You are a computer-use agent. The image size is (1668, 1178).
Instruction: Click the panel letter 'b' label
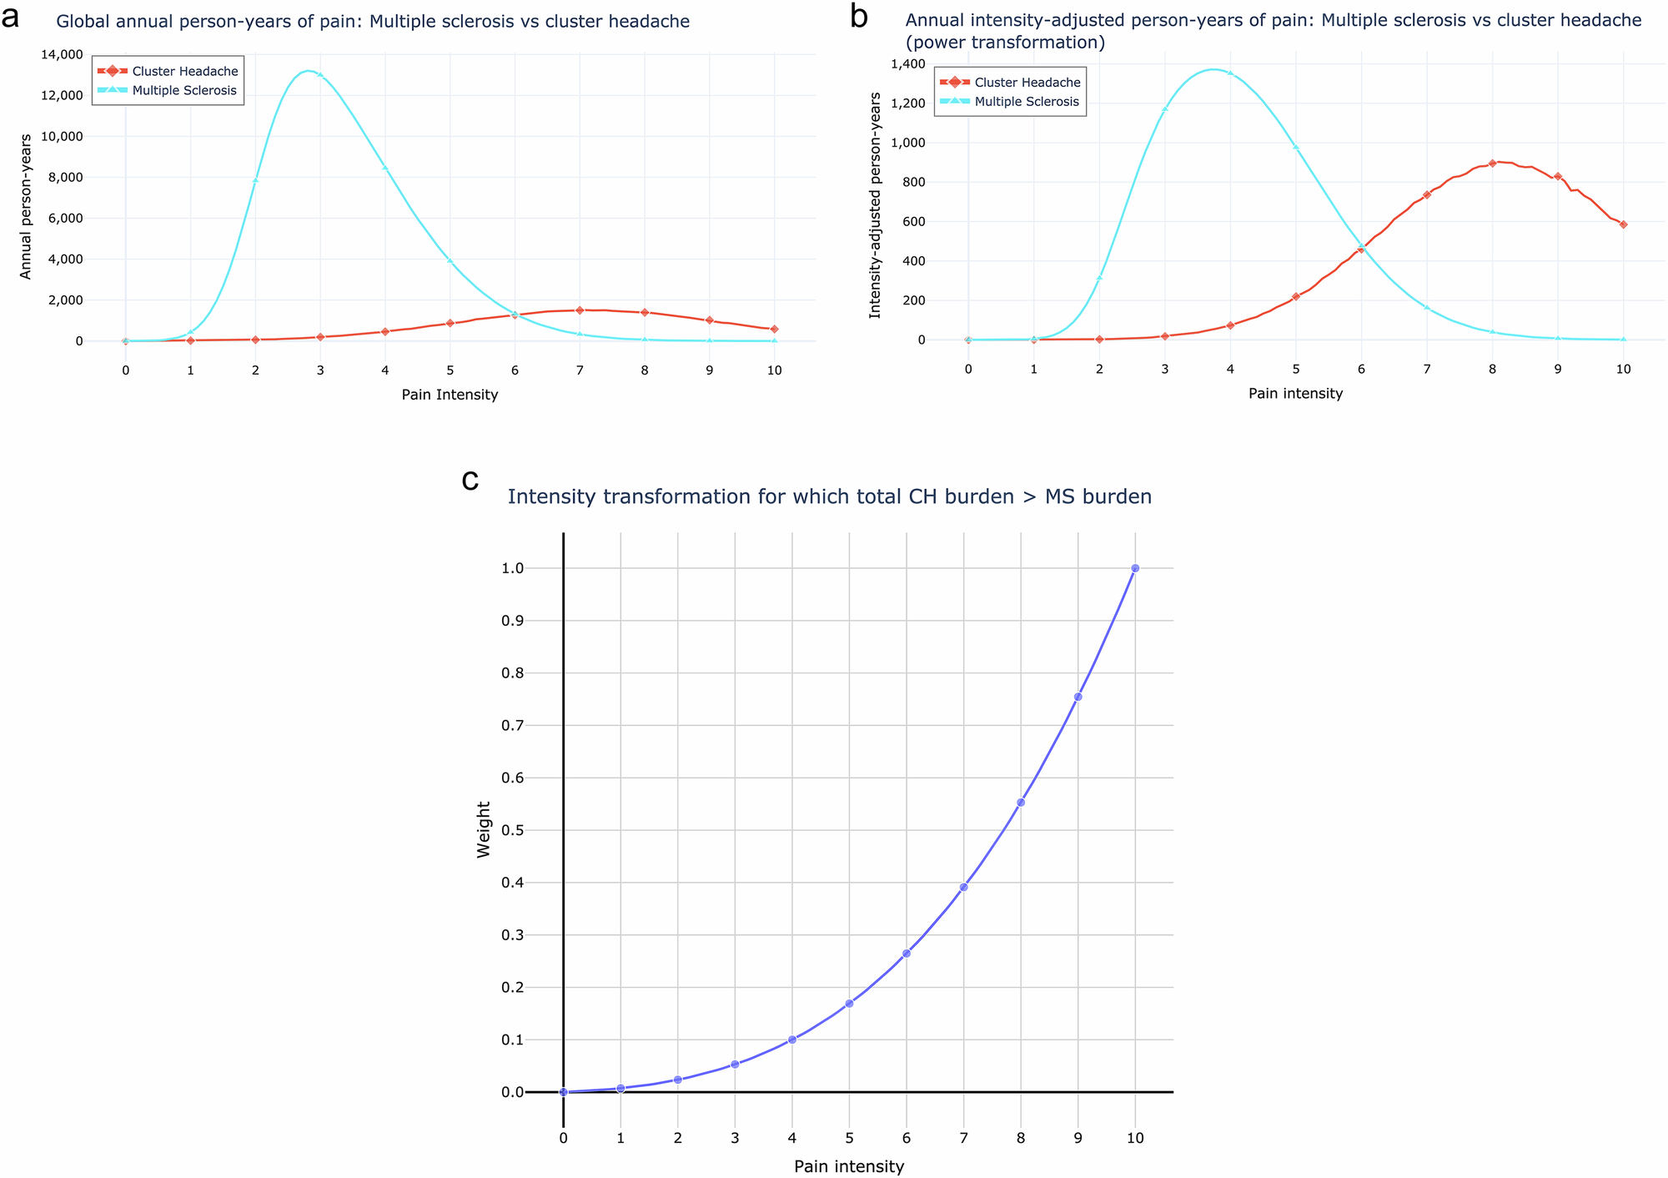859,17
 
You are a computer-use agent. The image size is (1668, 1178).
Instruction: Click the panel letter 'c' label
470,481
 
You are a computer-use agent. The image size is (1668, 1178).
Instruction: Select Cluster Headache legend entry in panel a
184,72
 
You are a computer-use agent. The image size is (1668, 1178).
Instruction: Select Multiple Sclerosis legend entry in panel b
1026,102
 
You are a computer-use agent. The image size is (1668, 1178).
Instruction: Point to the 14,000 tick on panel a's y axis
59,55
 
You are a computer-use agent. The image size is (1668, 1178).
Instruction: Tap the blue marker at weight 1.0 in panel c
1135,568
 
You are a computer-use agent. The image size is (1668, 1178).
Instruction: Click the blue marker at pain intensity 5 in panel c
849,1004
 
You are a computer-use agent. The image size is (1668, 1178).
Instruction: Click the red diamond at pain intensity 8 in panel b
1492,164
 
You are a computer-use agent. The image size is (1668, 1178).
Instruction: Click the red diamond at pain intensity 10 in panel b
1623,224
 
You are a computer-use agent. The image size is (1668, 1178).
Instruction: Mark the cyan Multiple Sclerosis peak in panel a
309,71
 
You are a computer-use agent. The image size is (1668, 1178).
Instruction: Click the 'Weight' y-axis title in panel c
483,829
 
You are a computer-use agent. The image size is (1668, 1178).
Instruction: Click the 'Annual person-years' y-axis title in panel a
26,206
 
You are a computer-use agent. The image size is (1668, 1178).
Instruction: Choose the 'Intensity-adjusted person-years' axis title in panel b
875,205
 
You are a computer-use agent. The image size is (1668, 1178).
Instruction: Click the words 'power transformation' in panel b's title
1005,43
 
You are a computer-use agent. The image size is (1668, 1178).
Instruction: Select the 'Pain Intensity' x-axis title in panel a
450,395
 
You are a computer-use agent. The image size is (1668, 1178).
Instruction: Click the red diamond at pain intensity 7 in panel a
580,310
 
